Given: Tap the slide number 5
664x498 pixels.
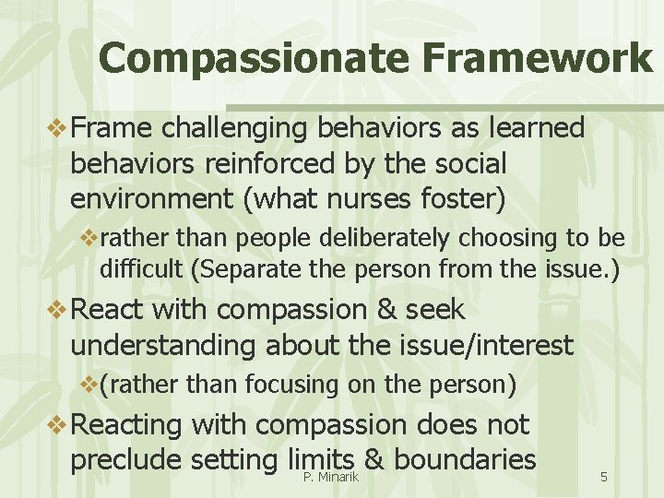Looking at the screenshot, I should (x=603, y=477).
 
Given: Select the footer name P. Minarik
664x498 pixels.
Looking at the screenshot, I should (x=330, y=476).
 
